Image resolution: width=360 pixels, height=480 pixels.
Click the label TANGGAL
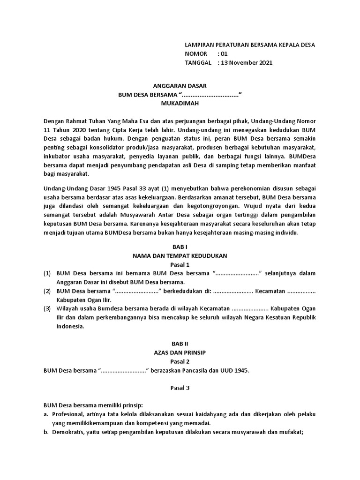click(x=199, y=62)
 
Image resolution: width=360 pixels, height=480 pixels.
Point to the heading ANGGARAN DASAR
click(x=180, y=86)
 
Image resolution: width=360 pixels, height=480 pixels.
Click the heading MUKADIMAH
click(x=180, y=104)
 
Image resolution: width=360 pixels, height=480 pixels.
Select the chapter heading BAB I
click(x=180, y=246)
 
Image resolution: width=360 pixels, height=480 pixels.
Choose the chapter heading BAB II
click(x=180, y=344)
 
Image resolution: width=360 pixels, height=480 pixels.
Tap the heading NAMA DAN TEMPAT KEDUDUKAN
click(x=180, y=255)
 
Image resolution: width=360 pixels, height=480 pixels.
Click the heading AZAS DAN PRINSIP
click(x=180, y=352)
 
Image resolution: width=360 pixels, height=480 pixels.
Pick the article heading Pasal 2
click(x=180, y=361)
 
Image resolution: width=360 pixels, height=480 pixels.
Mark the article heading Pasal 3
click(x=180, y=388)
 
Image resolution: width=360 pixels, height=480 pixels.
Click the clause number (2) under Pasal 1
click(x=47, y=291)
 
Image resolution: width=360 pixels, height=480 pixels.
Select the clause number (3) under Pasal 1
click(x=47, y=309)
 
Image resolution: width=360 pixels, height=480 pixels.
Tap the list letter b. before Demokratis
click(x=46, y=432)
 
